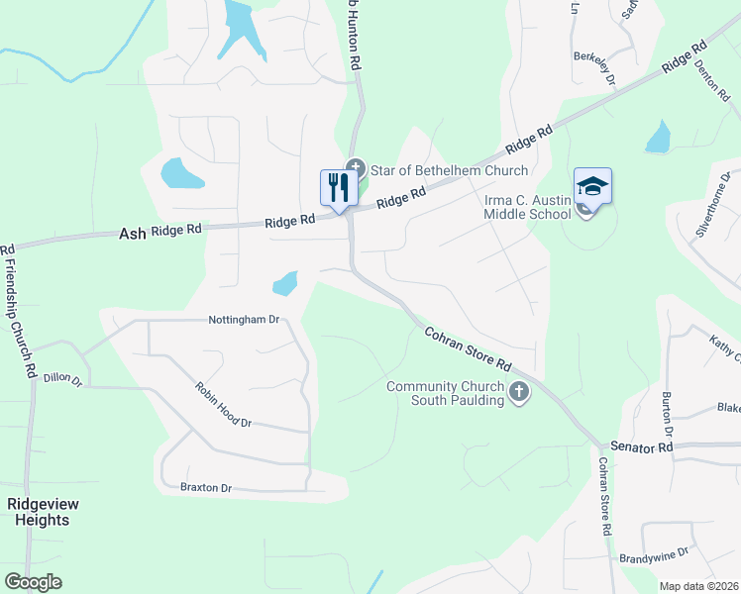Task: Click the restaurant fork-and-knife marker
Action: coord(339,187)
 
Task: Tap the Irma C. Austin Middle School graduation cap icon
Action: coord(592,186)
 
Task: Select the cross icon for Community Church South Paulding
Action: coord(518,394)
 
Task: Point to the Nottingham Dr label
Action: coord(245,320)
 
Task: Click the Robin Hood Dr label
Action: coord(224,406)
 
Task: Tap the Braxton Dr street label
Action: coord(205,488)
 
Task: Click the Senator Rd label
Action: coord(642,447)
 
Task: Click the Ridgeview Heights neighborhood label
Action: coord(44,512)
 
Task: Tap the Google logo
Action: coord(33,582)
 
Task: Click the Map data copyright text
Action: coord(699,586)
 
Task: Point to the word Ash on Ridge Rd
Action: coord(132,234)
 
